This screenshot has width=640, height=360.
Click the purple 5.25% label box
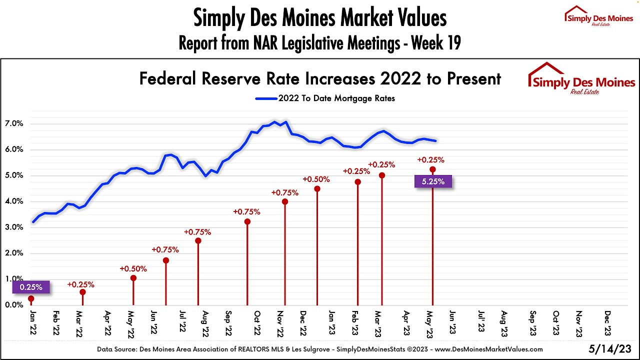tap(433, 181)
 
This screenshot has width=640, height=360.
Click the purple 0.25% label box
tap(31, 287)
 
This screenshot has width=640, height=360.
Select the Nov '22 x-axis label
tap(280, 323)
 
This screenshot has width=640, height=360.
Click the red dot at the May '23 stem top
tap(432, 169)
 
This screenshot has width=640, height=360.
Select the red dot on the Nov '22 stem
tap(284, 201)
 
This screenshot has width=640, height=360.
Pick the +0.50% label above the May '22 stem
tap(132, 268)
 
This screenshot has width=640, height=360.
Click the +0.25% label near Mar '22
tap(81, 284)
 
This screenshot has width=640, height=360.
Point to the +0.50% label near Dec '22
tap(316, 179)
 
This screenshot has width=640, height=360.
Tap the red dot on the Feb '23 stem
tap(357, 182)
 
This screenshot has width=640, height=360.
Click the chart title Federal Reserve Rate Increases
tap(320, 78)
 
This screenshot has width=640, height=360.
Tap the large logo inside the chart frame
tap(581, 79)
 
